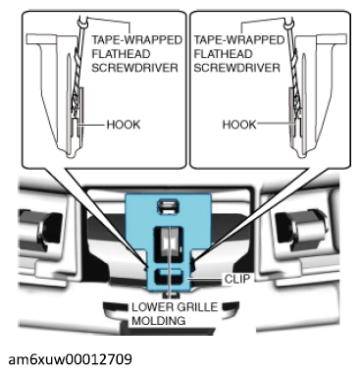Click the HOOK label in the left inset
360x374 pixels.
click(x=124, y=125)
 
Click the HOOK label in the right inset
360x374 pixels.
click(x=239, y=125)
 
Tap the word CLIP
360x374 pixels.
click(x=237, y=279)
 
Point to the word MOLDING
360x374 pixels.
click(x=159, y=320)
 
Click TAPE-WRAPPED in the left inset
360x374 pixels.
click(x=136, y=40)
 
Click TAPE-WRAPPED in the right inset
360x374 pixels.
click(x=239, y=40)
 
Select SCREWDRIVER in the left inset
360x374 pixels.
click(x=134, y=68)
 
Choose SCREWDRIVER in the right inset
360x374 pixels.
click(x=237, y=68)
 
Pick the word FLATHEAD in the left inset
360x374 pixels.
click(x=121, y=54)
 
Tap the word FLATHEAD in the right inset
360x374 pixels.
click(x=223, y=54)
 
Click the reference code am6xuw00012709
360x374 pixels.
click(x=71, y=359)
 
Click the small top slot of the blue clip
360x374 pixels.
click(x=168, y=207)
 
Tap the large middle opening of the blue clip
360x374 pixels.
click(x=168, y=243)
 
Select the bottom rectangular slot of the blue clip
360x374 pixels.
click(x=169, y=276)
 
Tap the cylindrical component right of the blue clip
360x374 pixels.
click(x=299, y=228)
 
